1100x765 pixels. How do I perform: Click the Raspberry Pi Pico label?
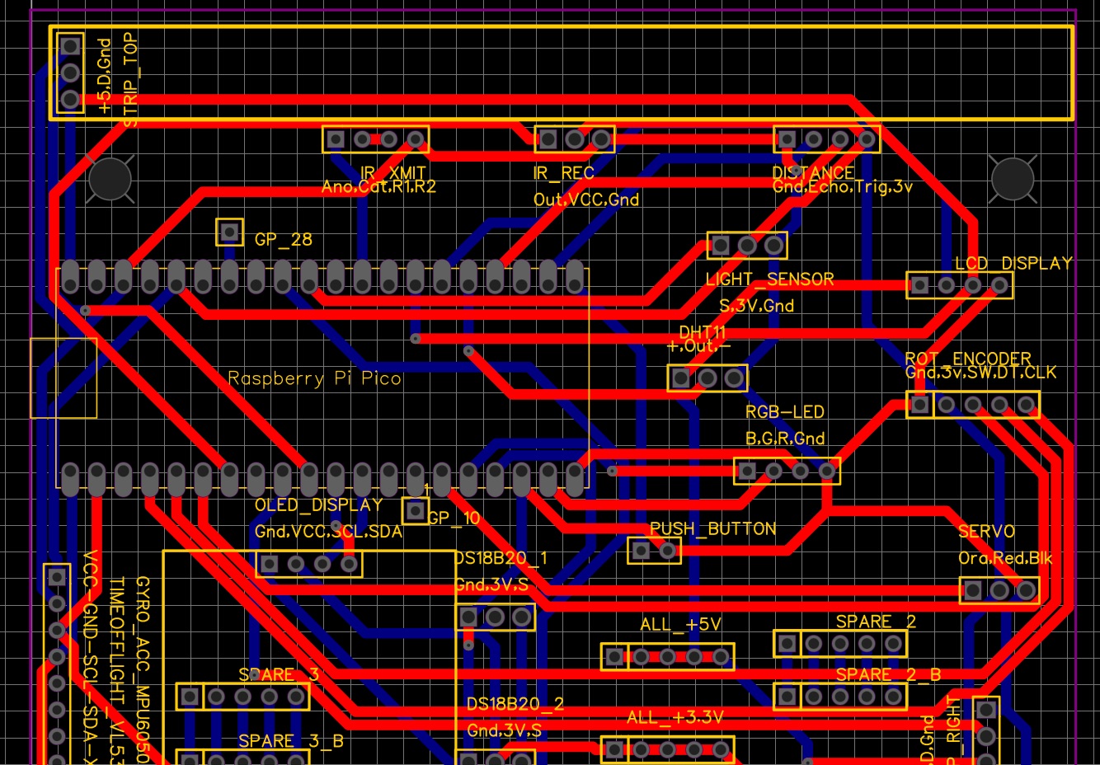[314, 378]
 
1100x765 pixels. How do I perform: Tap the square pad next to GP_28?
[229, 232]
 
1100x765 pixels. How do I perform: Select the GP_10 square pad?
[415, 511]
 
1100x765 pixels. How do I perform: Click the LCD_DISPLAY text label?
[1013, 264]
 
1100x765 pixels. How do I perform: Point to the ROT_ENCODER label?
[968, 359]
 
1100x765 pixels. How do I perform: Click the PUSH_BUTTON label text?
[713, 529]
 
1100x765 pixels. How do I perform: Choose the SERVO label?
[986, 532]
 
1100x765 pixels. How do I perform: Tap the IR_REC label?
[563, 174]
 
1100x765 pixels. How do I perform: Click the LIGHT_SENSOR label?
[769, 279]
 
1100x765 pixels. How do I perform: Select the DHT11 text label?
[703, 332]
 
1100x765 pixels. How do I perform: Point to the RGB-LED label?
[785, 412]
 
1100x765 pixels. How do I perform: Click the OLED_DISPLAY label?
[318, 505]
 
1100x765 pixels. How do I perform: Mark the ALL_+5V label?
[680, 625]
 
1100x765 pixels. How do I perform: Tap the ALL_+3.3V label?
[675, 717]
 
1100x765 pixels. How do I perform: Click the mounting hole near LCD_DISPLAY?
[1013, 178]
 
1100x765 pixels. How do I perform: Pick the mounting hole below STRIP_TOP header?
[110, 178]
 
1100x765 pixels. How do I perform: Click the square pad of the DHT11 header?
[680, 378]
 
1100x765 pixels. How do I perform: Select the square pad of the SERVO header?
[973, 590]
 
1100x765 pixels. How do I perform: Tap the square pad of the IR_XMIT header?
[336, 138]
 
